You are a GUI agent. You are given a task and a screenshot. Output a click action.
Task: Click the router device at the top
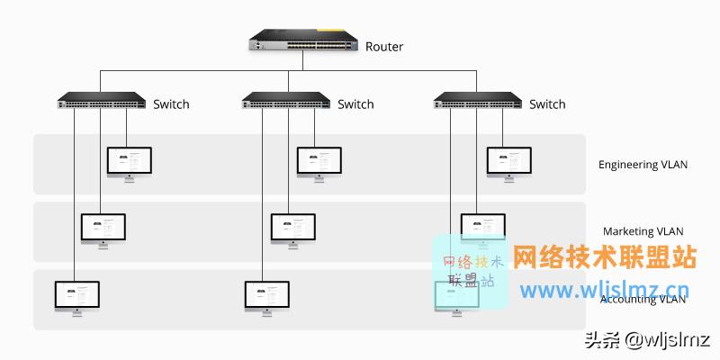coord(303,42)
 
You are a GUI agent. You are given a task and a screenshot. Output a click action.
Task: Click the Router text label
coord(384,47)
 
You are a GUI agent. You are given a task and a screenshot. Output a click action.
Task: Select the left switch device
coord(101,101)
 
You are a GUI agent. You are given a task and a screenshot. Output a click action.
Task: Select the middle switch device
coord(285,101)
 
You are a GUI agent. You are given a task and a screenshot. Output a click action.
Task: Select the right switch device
coord(476,101)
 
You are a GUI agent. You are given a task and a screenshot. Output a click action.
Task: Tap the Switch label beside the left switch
coord(171,104)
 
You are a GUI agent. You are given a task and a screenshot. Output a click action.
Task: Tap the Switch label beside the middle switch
coord(355,104)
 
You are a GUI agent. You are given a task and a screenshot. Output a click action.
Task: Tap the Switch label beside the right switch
coord(547,104)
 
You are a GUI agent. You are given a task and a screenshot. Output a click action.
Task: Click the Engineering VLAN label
coord(643,165)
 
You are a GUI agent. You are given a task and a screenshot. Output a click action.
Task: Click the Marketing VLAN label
coord(643,232)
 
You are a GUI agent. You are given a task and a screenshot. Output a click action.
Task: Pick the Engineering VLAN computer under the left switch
coord(130,163)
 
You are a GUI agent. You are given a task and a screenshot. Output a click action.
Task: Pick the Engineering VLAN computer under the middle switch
coord(319,163)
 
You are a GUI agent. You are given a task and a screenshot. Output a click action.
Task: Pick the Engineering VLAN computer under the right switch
coord(509,163)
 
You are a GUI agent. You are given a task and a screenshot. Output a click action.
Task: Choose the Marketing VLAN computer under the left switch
coord(103,229)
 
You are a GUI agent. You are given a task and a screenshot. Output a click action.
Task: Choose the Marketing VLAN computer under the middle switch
coord(293,229)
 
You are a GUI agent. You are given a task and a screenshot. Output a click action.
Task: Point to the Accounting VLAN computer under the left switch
coord(77,296)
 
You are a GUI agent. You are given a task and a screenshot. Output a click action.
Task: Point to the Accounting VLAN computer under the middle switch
coord(267,296)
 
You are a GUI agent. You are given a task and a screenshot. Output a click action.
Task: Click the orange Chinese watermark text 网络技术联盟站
coord(605,258)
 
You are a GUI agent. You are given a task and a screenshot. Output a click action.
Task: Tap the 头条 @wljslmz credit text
coord(647,340)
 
